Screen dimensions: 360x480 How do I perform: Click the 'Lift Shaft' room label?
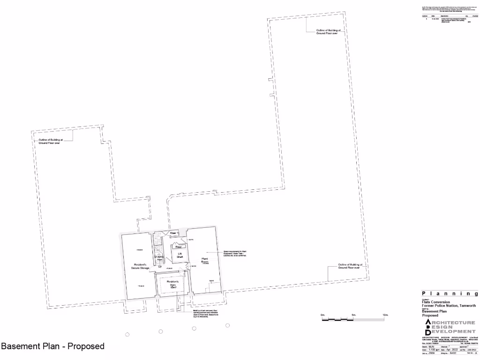(180, 255)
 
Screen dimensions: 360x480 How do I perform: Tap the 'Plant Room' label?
(205, 260)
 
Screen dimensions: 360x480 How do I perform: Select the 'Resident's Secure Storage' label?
(140, 266)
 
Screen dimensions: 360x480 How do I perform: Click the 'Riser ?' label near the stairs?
(174, 233)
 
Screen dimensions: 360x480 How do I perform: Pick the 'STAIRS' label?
(159, 257)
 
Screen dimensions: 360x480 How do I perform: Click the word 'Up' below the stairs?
(159, 266)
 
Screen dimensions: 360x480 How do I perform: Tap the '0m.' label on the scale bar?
(323, 315)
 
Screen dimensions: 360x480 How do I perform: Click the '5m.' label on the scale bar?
(354, 315)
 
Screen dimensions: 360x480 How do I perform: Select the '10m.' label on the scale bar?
(386, 315)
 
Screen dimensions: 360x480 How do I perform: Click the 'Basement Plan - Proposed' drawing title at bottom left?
(52, 346)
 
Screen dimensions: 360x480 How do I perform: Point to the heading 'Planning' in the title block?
(450, 294)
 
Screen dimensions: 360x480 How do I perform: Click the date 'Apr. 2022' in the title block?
(450, 350)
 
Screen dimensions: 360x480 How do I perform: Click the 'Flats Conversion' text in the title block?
(433, 302)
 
